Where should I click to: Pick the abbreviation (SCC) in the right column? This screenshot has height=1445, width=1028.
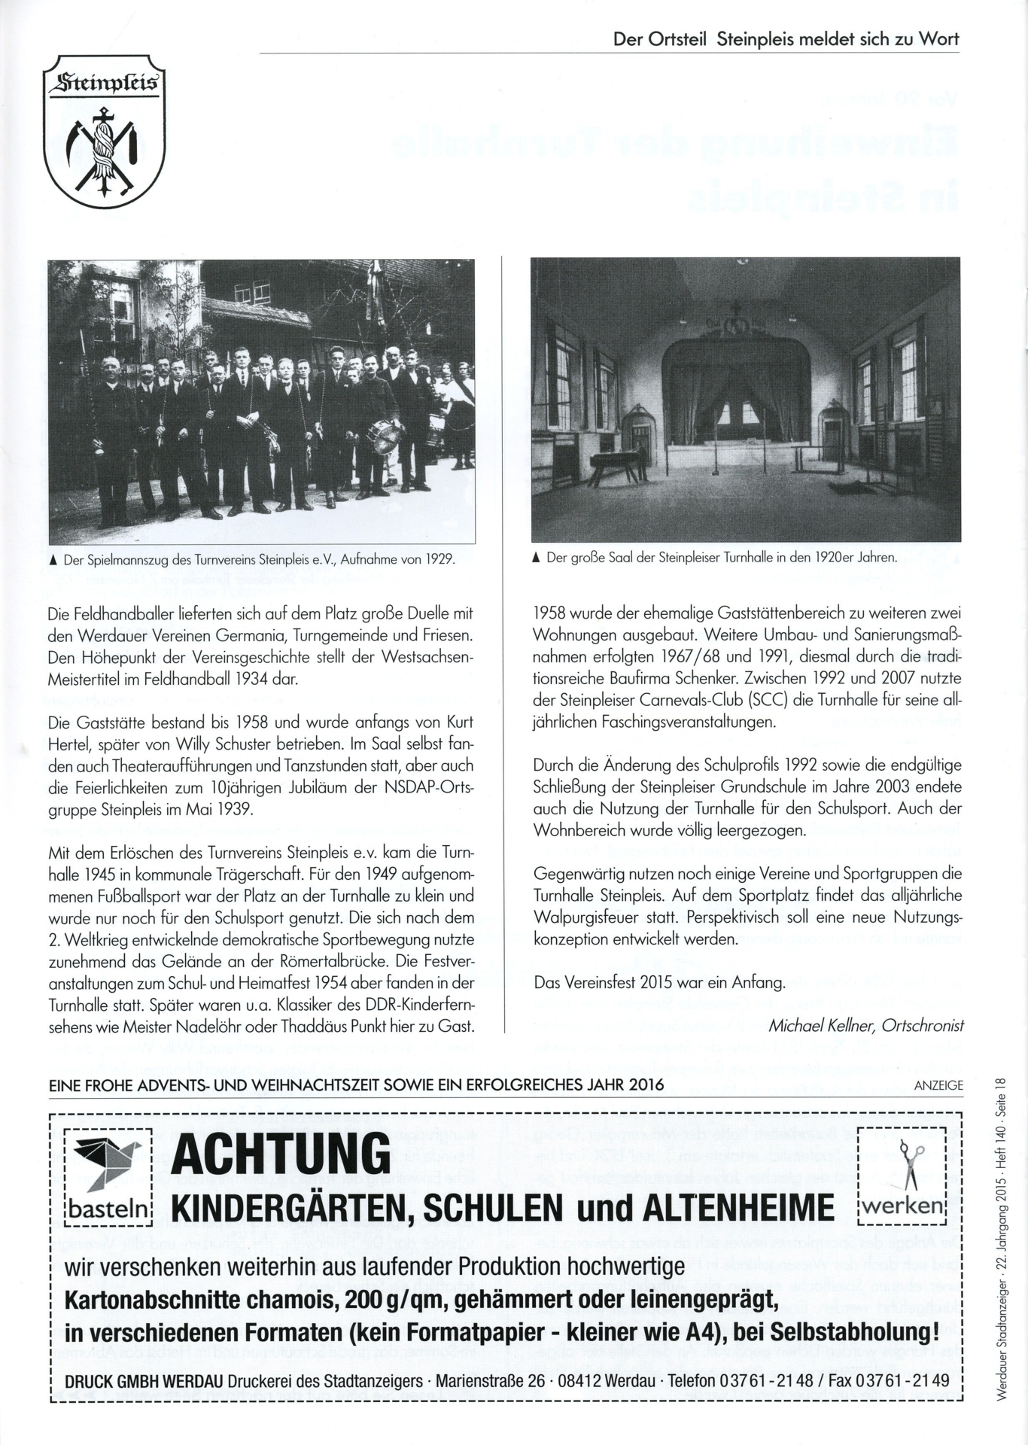[x=768, y=700]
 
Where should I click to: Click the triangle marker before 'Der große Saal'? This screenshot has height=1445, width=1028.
[x=535, y=558]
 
